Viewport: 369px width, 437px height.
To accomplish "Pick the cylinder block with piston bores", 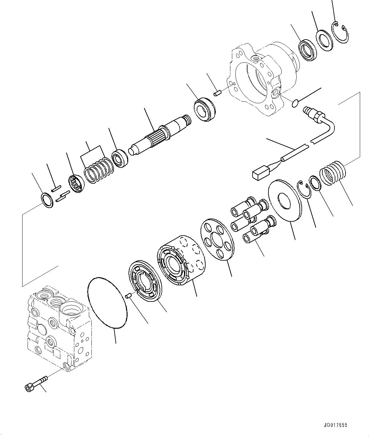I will point(181,260).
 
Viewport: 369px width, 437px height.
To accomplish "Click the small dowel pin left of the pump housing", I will point(217,93).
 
